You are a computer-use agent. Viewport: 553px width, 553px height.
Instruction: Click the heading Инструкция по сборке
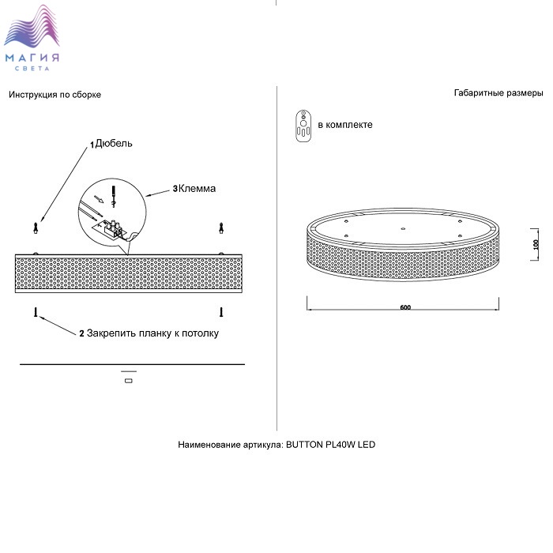point(55,95)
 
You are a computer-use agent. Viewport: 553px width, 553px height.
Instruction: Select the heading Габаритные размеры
point(498,92)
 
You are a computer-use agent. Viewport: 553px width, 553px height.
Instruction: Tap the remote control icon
point(304,126)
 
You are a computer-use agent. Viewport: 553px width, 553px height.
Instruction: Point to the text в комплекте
point(344,125)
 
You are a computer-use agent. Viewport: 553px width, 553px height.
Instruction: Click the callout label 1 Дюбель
point(111,144)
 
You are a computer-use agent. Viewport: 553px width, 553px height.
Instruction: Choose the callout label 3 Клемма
point(194,189)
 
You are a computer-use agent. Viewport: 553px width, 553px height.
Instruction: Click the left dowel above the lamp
point(36,228)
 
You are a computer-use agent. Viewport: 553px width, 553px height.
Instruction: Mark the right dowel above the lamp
point(221,228)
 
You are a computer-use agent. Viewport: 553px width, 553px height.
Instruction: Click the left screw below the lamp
point(36,312)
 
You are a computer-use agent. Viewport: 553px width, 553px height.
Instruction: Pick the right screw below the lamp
point(221,312)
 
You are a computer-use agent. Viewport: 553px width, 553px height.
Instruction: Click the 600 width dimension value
point(405,307)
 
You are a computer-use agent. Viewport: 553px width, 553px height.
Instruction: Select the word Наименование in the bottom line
point(209,445)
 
